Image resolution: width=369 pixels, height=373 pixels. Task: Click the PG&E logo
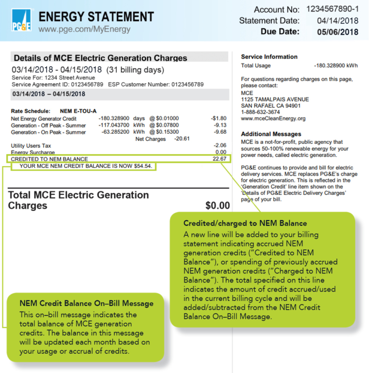(x=21, y=21)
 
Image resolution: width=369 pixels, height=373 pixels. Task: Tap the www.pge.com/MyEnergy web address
(x=84, y=29)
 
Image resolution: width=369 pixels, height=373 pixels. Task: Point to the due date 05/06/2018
(x=337, y=32)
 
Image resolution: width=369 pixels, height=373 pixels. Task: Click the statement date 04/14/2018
(x=337, y=21)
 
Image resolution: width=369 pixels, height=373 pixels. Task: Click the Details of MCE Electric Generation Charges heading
(x=100, y=58)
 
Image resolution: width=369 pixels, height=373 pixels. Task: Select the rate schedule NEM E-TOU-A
(x=78, y=111)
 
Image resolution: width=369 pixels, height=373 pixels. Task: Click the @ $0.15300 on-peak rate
(x=164, y=131)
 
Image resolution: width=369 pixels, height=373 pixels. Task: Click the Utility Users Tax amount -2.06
(x=220, y=145)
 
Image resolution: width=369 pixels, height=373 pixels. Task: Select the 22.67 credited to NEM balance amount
(x=220, y=159)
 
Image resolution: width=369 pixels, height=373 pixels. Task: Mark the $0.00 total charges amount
(x=218, y=206)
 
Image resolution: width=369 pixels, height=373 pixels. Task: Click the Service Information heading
(x=269, y=57)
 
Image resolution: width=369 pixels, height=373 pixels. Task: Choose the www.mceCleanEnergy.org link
(x=273, y=118)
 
